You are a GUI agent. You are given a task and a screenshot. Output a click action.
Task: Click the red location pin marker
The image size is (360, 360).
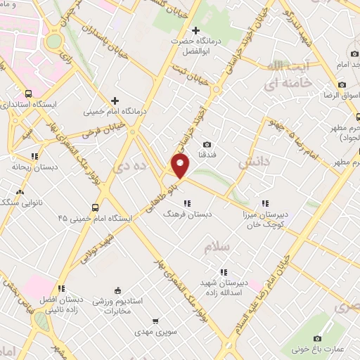pyautogui.click(x=181, y=166)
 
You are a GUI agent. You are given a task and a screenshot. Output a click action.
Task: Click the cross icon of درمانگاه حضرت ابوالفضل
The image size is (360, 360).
pyautogui.click(x=195, y=30)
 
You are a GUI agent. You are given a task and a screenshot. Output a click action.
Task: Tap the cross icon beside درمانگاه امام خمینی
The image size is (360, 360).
pyautogui.click(x=115, y=101)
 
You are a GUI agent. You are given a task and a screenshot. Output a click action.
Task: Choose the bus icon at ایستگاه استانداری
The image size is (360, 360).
pyautogui.click(x=28, y=94)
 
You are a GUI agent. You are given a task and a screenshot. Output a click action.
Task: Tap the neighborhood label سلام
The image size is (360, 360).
pyautogui.click(x=218, y=248)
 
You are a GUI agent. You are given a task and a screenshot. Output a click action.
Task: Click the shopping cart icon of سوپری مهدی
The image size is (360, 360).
pyautogui.click(x=155, y=321)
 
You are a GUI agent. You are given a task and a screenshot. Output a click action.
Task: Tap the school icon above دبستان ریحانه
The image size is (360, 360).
pyautogui.click(x=33, y=157)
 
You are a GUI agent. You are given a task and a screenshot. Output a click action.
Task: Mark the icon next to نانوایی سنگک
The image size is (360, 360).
pyautogui.click(x=19, y=192)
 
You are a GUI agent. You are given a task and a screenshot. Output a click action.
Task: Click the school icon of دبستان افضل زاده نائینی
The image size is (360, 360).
pyautogui.click(x=61, y=288)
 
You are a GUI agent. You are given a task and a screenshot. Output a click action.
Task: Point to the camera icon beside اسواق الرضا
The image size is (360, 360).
pyautogui.click(x=342, y=85)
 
